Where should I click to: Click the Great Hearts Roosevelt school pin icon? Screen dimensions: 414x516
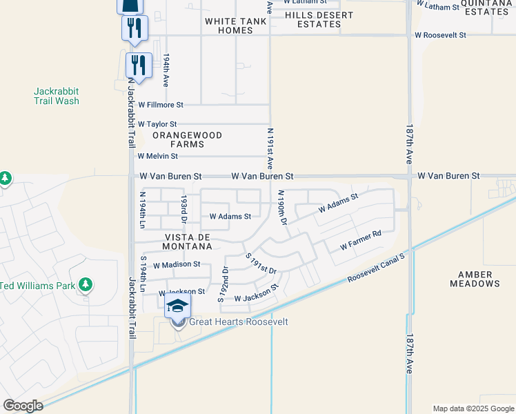pos(177,306)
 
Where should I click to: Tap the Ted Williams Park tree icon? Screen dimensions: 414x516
pos(86,285)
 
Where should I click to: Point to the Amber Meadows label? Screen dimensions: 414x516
pos(475,279)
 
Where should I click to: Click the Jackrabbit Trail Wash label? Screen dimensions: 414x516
pos(57,96)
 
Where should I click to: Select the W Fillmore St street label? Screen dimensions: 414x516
pos(161,105)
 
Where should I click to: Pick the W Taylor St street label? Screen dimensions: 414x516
pos(157,124)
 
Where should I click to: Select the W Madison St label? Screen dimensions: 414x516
pos(177,264)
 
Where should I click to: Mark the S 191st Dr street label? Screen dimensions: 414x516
pos(261,264)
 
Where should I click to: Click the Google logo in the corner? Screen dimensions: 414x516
pos(23,406)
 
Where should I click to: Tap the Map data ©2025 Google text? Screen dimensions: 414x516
pos(473,408)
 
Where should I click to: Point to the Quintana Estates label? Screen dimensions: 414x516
pos(486,7)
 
